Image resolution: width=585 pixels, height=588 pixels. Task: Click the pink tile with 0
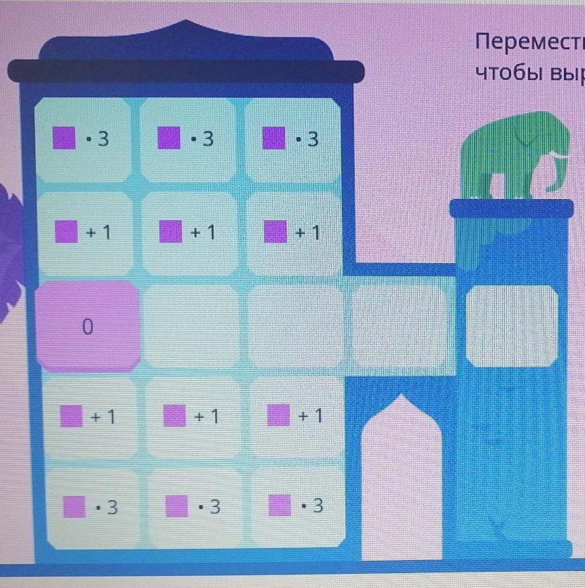click(x=87, y=326)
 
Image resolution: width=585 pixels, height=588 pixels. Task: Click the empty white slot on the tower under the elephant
click(x=512, y=326)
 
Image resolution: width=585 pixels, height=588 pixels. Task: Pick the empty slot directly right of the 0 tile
click(x=192, y=326)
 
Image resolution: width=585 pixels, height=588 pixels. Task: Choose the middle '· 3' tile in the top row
click(x=188, y=139)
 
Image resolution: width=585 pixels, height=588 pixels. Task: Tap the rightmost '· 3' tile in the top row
click(x=292, y=139)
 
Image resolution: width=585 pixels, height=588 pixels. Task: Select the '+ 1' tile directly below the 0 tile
click(x=88, y=417)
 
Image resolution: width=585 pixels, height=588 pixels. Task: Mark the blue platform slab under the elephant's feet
click(x=511, y=208)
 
